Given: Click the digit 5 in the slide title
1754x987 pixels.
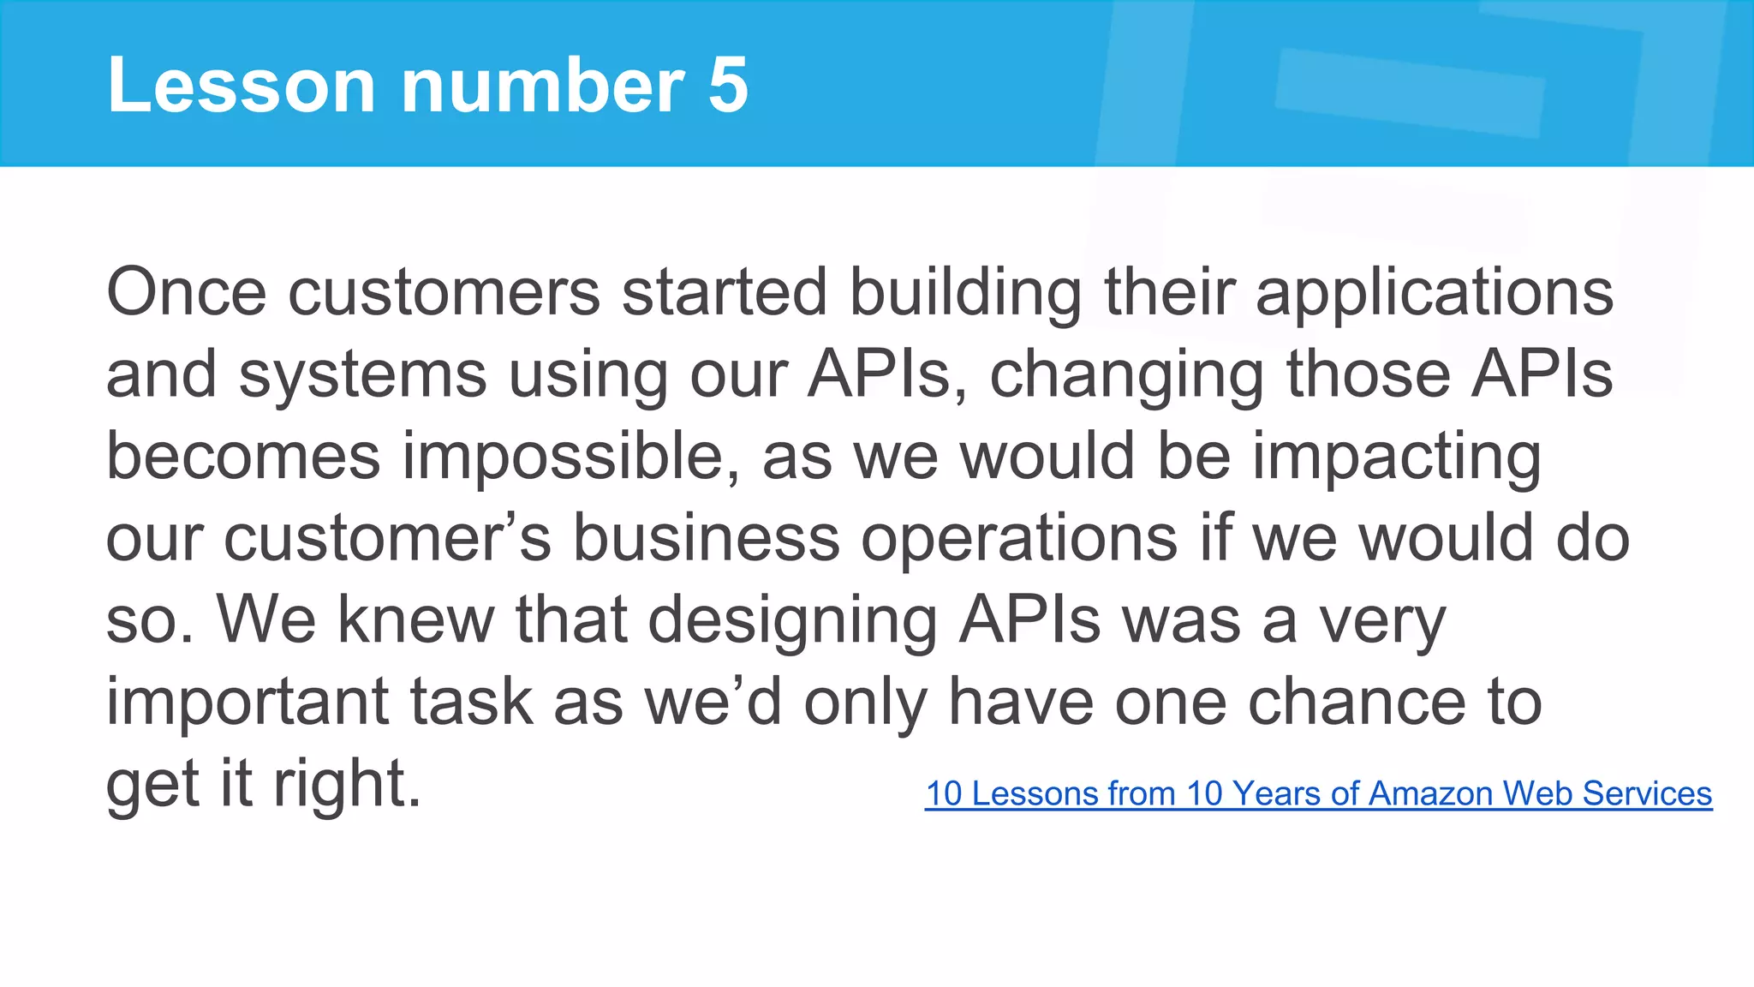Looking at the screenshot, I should pos(728,85).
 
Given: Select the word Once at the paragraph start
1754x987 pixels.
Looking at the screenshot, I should pos(187,292).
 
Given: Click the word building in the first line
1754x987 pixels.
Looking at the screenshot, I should pos(965,292).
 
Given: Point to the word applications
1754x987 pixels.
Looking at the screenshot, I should pos(1434,292).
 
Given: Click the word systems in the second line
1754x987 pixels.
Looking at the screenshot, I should pos(362,376).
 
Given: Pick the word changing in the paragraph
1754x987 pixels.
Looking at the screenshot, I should pos(1126,376).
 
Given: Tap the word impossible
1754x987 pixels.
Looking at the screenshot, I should pos(570,457).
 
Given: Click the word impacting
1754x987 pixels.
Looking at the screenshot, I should pos(1396,457).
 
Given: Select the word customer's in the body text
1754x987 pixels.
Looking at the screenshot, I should pos(387,539).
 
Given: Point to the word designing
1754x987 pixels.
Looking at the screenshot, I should pos(792,620).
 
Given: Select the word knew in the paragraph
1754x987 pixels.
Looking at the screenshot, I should pos(415,620).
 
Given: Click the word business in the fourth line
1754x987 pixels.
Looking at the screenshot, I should pos(706,539).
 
